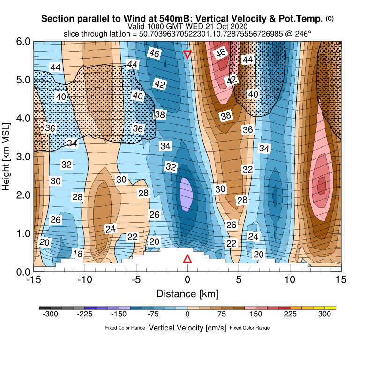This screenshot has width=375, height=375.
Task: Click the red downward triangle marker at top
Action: [187, 54]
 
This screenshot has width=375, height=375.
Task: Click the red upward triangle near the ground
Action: [187, 259]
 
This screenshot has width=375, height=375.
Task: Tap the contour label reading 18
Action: [78, 254]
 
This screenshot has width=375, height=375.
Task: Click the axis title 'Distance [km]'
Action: [187, 294]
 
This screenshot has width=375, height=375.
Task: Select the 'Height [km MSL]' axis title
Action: [7, 157]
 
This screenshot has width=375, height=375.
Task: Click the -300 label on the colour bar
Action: [50, 315]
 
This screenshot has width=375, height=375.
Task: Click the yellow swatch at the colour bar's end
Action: [331, 307]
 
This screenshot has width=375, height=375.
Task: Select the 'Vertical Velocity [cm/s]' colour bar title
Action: [187, 328]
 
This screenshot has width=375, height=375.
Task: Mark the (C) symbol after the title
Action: [330, 18]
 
